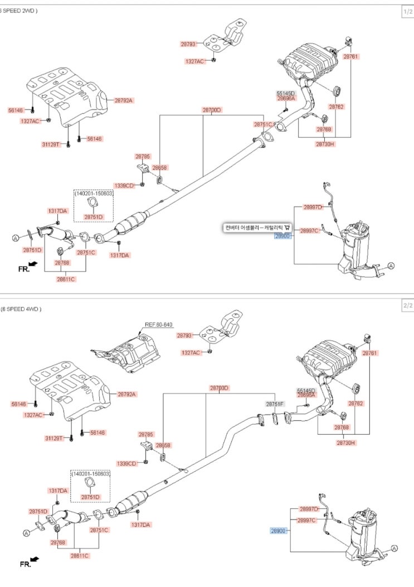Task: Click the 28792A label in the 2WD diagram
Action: (x=124, y=100)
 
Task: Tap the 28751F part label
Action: (x=275, y=404)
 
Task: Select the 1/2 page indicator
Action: (x=407, y=11)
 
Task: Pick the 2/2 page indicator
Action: (x=407, y=306)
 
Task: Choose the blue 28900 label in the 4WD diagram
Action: (x=279, y=531)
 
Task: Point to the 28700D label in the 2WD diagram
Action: (x=212, y=110)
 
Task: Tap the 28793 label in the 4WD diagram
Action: (x=184, y=336)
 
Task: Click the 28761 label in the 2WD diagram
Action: (x=350, y=57)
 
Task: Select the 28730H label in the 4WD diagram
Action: (x=345, y=443)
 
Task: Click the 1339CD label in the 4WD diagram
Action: (x=126, y=463)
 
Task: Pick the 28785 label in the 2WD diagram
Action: (x=143, y=157)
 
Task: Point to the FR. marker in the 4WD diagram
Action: (x=25, y=564)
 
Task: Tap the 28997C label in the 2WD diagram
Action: (x=309, y=230)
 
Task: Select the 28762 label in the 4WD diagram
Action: (x=355, y=402)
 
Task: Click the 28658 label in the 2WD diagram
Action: (x=160, y=167)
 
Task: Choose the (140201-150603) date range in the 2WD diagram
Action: (x=93, y=192)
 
